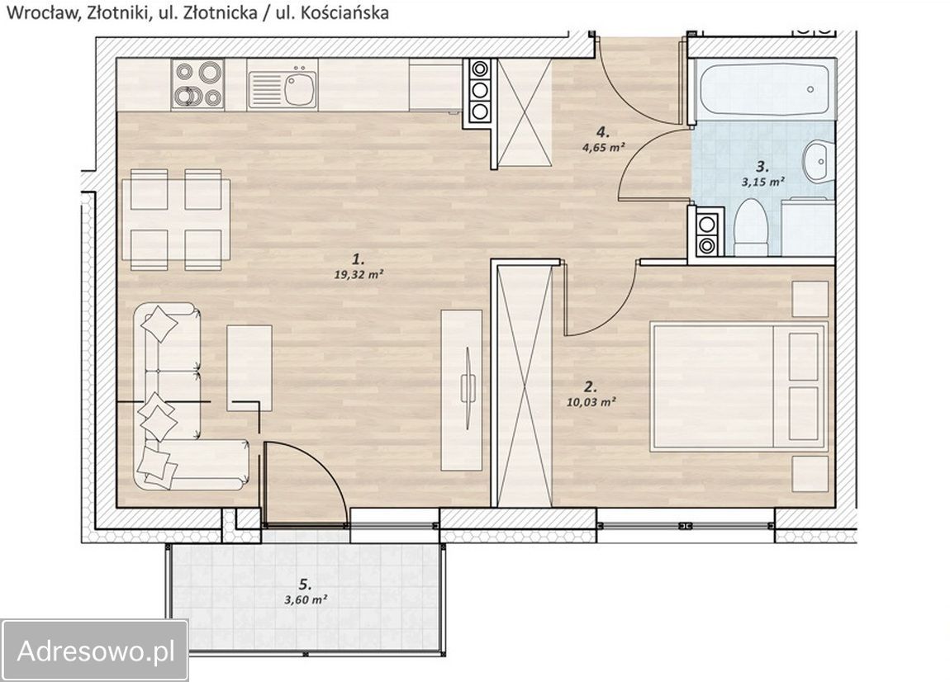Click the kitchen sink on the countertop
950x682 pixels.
pyautogui.click(x=283, y=85)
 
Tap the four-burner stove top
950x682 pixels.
pyautogui.click(x=197, y=84)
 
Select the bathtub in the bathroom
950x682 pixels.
pyautogui.click(x=763, y=89)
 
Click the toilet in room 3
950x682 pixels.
pyautogui.click(x=751, y=227)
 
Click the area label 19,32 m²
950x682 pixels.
pyautogui.click(x=359, y=274)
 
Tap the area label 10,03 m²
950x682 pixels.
pyautogui.click(x=591, y=401)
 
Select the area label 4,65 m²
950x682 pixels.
pyautogui.click(x=602, y=147)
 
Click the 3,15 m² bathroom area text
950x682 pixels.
pyautogui.click(x=762, y=181)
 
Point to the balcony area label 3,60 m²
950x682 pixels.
pyautogui.click(x=306, y=599)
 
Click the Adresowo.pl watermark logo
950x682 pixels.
pyautogui.click(x=95, y=651)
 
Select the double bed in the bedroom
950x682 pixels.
pyautogui.click(x=739, y=387)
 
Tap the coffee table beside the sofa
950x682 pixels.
pyautogui.click(x=249, y=367)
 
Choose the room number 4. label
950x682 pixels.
pyautogui.click(x=602, y=132)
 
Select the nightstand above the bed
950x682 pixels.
pyautogui.click(x=810, y=299)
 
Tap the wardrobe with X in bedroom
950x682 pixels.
pyautogui.click(x=525, y=386)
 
